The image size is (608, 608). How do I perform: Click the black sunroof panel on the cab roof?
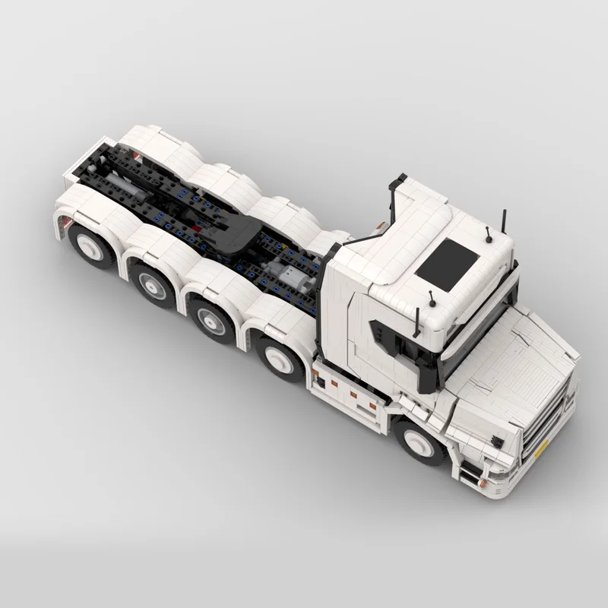tap(447, 264)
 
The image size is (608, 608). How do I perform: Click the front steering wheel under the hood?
tap(420, 442)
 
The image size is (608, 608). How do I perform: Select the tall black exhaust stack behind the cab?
tap(395, 198)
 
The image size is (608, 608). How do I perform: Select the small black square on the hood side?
tap(497, 441)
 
